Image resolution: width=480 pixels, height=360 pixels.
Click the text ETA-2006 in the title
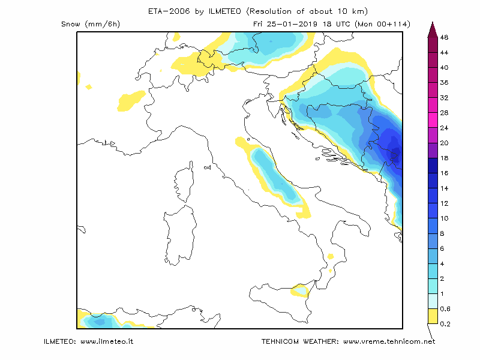[169, 11]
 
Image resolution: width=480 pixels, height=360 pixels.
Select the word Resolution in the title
[270, 11]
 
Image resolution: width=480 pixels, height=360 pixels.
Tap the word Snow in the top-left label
[71, 24]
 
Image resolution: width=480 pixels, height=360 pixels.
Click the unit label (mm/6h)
[103, 24]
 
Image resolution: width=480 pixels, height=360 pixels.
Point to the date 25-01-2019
[292, 24]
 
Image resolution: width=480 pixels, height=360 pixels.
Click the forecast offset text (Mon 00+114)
[382, 24]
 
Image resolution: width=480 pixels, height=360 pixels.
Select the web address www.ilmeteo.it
[107, 341]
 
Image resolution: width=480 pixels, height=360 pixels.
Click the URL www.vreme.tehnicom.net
[389, 341]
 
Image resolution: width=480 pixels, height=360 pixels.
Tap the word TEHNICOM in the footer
[280, 341]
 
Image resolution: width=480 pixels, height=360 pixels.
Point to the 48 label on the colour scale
[444, 37]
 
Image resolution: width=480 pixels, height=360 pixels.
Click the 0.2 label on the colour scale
[445, 324]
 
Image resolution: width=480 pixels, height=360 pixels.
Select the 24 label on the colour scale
[444, 128]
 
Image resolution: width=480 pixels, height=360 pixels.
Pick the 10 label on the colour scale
[444, 218]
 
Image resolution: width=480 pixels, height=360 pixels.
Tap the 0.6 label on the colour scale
[445, 309]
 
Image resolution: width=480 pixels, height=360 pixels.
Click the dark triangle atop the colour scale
[433, 29]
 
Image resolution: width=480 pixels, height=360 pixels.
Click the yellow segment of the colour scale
[433, 316]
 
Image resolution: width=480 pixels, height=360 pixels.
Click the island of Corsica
[184, 182]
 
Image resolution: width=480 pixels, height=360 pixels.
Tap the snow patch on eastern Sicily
[300, 290]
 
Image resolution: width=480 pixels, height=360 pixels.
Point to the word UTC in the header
[343, 24]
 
